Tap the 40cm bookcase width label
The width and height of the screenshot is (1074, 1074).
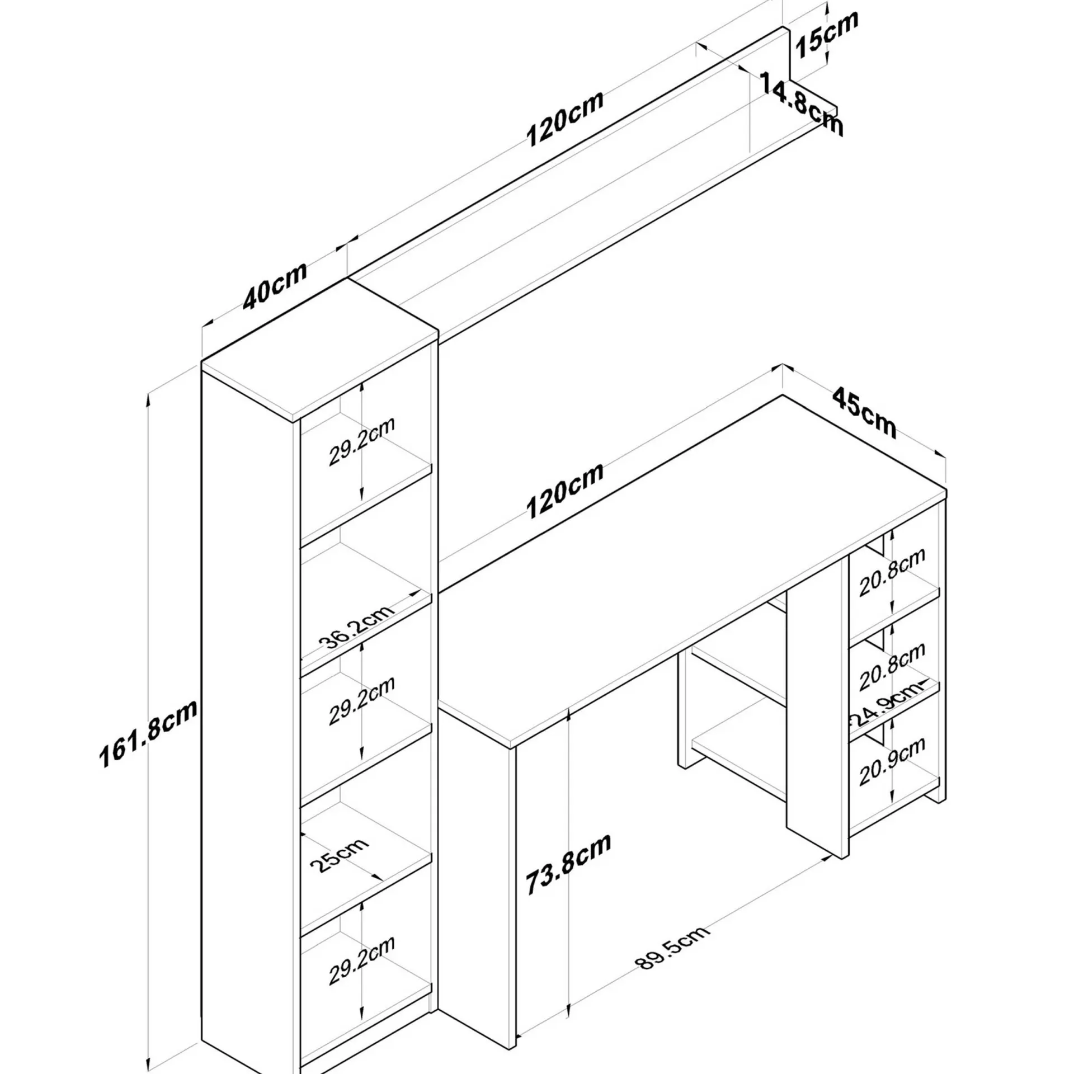[x=275, y=285]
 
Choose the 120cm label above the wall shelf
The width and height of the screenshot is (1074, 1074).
[x=565, y=119]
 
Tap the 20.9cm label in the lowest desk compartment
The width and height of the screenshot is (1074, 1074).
[x=892, y=761]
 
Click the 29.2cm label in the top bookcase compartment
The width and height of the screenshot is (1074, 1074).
[x=361, y=441]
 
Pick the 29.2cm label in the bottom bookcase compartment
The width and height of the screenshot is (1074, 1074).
[x=361, y=960]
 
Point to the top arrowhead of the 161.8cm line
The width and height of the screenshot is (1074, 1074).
[x=148, y=401]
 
